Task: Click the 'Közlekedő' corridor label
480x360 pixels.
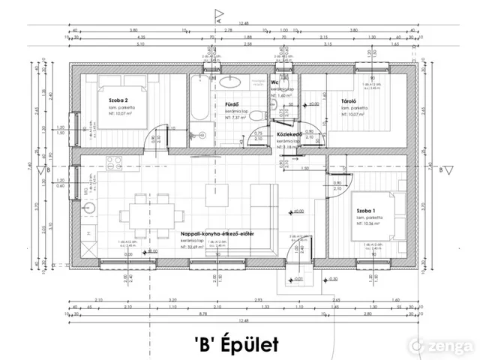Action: click(289, 134)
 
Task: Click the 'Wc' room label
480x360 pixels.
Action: click(275, 82)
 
